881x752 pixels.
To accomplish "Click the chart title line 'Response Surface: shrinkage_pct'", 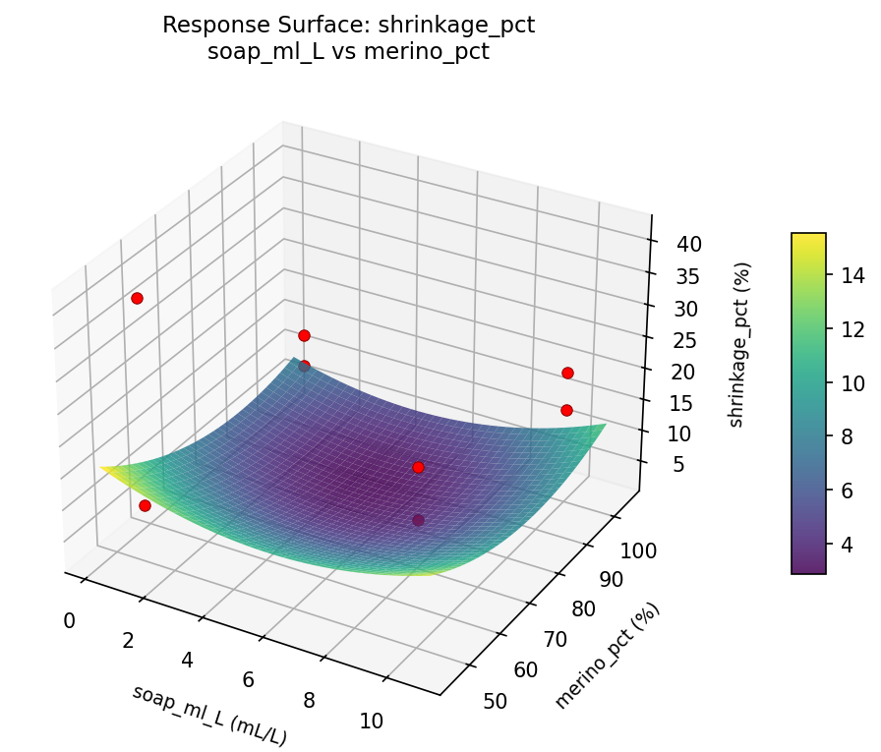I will tap(348, 26).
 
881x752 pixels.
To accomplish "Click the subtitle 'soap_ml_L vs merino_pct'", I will tap(348, 52).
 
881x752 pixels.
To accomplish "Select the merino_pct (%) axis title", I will tap(607, 655).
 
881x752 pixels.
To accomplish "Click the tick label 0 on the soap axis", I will tap(69, 620).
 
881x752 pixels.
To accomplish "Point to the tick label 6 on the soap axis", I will tap(248, 680).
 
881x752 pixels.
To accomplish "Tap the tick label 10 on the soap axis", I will tap(371, 721).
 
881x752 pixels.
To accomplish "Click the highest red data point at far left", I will tap(137, 298).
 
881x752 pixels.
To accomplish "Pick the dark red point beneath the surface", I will tap(418, 520).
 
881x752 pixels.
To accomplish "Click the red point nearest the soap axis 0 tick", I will tap(145, 505).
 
